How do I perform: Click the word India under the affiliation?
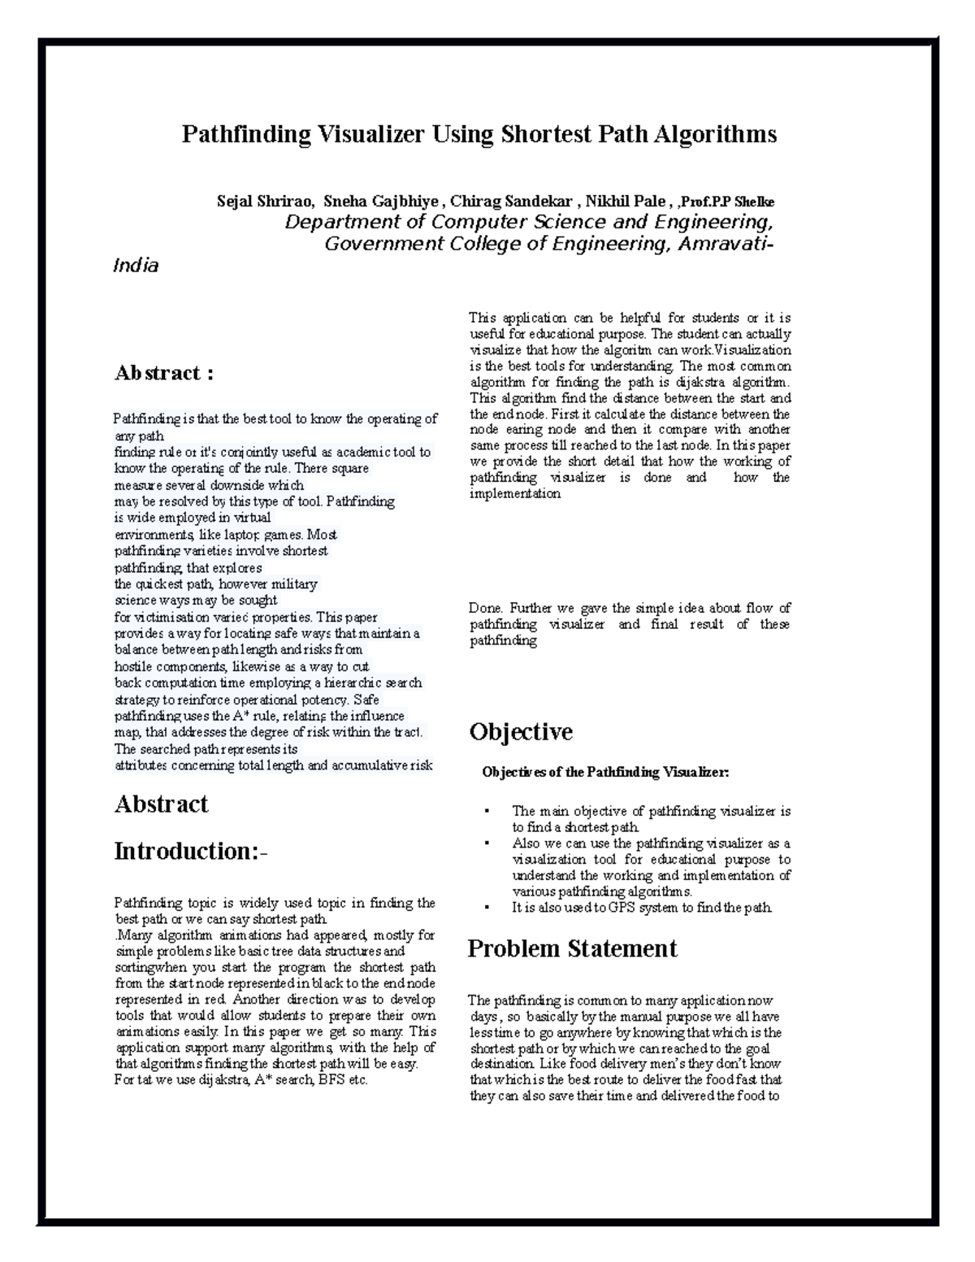coord(135,266)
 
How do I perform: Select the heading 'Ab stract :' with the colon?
coord(164,373)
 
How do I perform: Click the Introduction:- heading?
coord(190,852)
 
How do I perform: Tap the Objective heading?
coord(521,732)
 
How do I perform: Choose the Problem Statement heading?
coord(572,949)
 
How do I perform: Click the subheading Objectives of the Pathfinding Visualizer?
coord(605,773)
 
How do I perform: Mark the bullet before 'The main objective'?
coord(486,812)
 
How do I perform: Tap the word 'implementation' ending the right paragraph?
coord(515,494)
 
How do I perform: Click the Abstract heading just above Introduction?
coord(161,804)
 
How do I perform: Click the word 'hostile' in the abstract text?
coord(132,667)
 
